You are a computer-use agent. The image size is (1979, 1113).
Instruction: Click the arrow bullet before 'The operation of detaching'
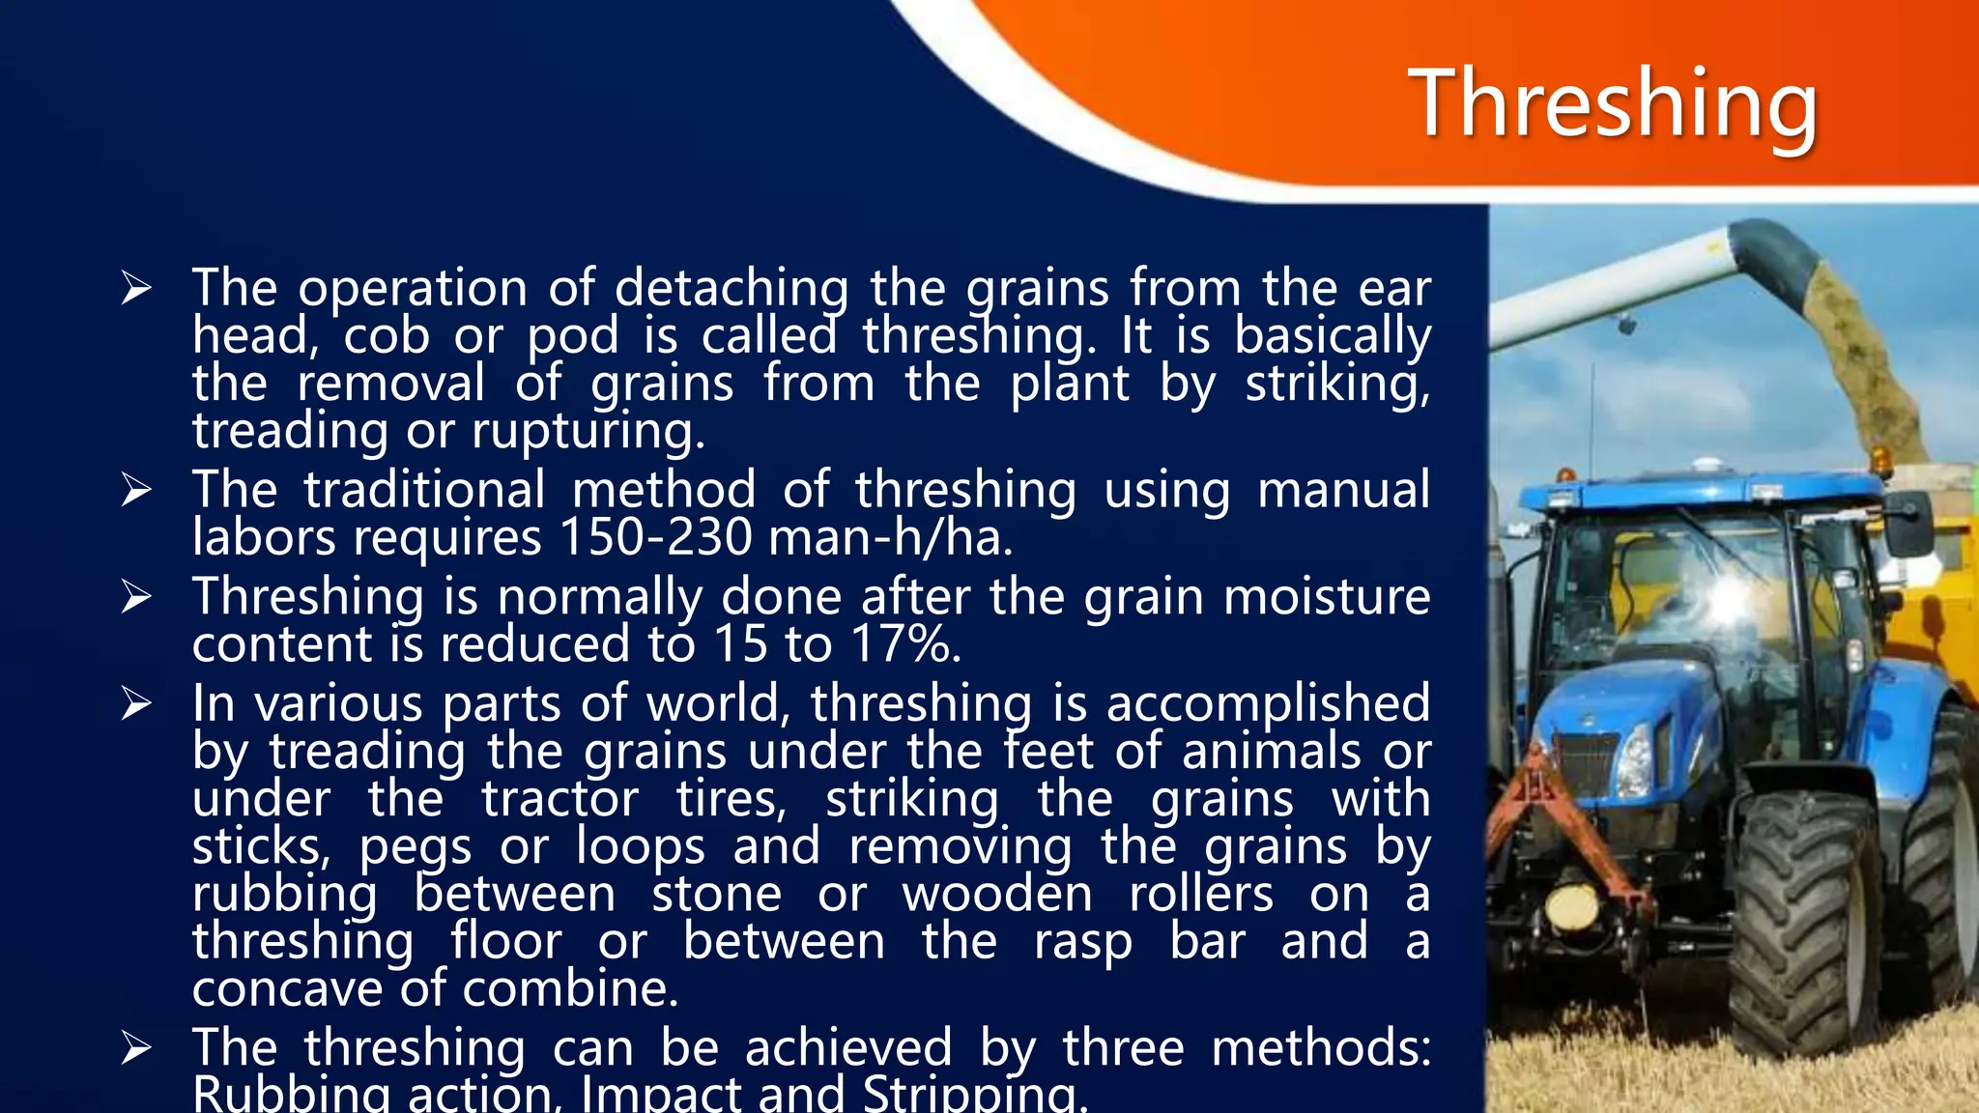click(x=136, y=288)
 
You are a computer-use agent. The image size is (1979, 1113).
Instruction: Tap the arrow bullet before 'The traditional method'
click(x=136, y=490)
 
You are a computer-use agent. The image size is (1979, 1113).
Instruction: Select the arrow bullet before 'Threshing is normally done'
click(x=136, y=597)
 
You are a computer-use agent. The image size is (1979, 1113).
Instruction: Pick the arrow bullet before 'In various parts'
click(x=136, y=703)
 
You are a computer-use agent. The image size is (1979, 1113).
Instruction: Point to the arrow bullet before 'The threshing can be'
click(x=136, y=1047)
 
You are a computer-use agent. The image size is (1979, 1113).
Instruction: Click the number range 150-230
click(x=655, y=537)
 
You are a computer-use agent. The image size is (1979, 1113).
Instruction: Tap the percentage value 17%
click(x=904, y=644)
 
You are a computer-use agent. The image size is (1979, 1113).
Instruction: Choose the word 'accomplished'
click(x=1268, y=703)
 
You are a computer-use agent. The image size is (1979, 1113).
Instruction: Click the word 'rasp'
click(x=1083, y=942)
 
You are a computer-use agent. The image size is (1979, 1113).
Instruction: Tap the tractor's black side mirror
click(x=1909, y=522)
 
